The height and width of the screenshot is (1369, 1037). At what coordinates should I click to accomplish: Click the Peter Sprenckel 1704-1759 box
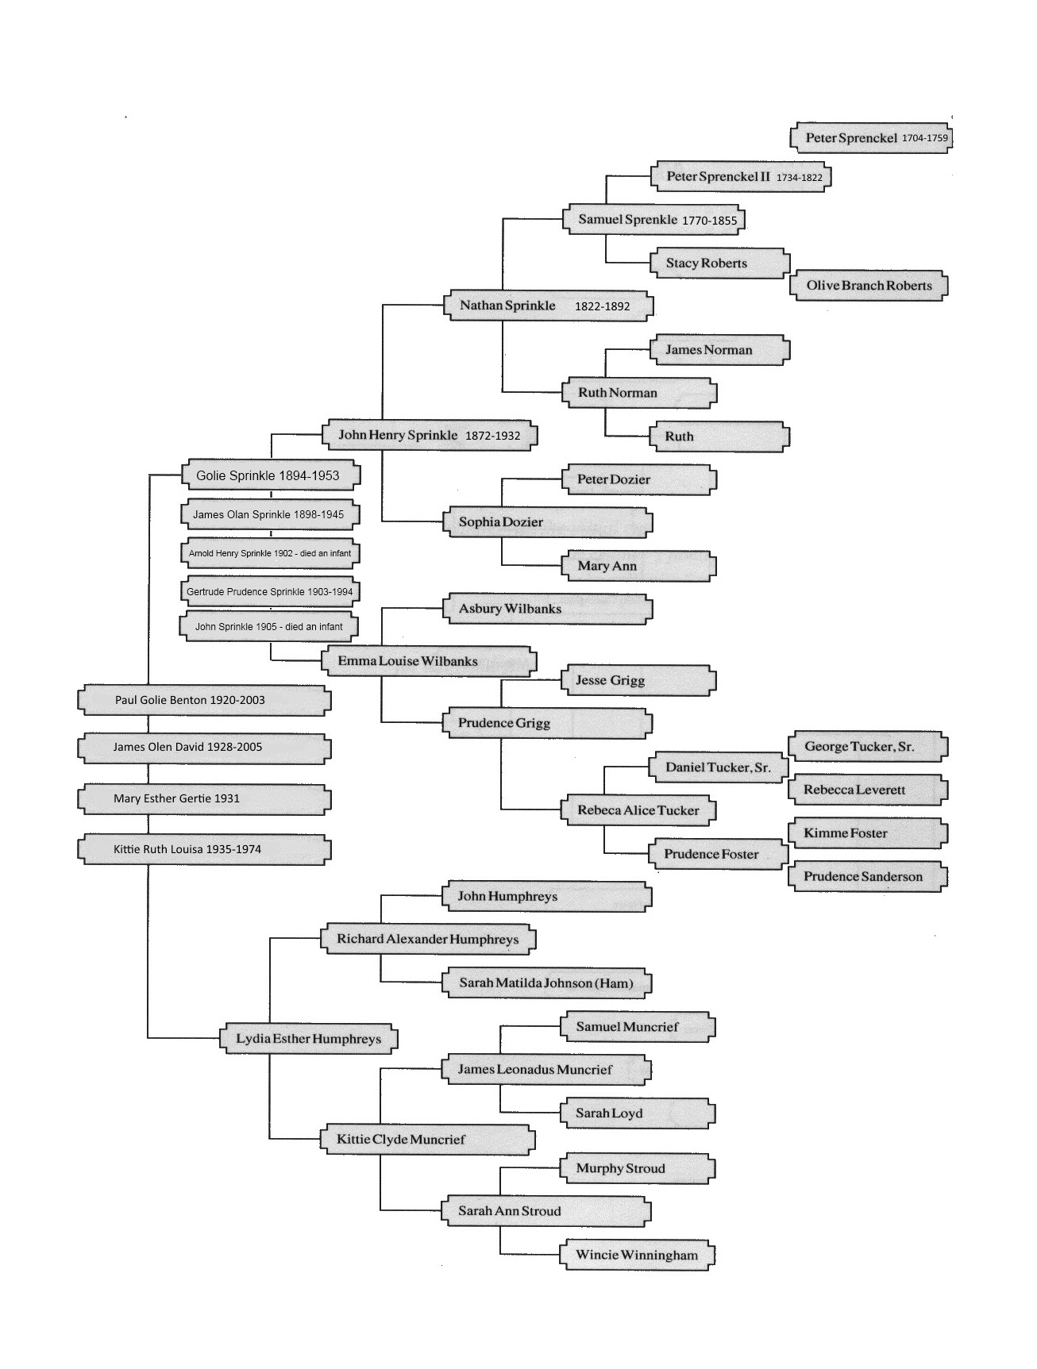point(870,137)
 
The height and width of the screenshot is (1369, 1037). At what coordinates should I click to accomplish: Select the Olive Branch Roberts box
point(869,286)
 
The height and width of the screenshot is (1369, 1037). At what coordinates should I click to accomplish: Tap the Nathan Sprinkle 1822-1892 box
point(548,306)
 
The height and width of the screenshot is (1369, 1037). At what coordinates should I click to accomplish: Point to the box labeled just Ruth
point(720,436)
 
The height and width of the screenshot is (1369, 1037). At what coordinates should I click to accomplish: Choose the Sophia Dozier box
point(548,522)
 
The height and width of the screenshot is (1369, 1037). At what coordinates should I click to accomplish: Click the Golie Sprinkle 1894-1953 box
point(270,475)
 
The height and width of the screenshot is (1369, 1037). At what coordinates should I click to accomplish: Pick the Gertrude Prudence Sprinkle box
point(270,591)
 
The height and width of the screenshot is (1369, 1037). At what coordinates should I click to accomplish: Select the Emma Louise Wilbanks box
point(429,661)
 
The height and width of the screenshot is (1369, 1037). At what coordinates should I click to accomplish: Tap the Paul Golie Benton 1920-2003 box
point(204,700)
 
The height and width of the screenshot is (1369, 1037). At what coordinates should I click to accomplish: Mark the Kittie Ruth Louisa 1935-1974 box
point(204,849)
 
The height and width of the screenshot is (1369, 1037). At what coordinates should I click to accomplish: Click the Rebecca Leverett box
point(867,790)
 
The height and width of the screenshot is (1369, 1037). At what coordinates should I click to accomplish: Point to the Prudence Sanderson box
point(867,877)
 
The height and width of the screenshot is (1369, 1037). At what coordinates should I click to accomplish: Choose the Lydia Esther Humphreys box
point(308,1039)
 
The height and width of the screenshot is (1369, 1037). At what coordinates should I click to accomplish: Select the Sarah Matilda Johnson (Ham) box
point(547,983)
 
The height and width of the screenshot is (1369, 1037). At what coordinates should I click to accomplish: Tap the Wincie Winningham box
point(637,1256)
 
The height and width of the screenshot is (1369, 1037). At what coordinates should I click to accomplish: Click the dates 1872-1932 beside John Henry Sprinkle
point(492,436)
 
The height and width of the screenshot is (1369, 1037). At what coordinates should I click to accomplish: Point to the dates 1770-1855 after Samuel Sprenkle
point(709,221)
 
